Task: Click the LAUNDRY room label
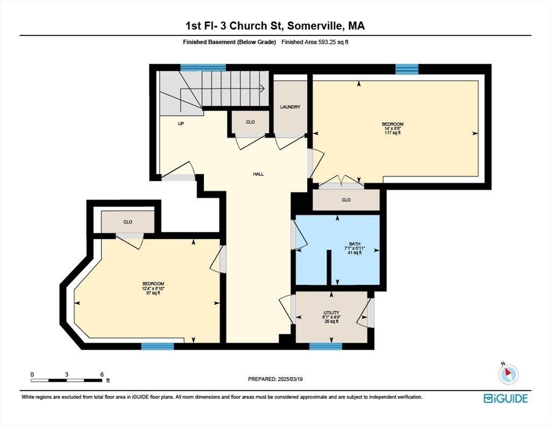(x=290, y=107)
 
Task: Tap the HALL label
(x=258, y=174)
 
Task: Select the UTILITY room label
(x=331, y=313)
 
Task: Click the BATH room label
(x=355, y=244)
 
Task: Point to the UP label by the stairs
(x=181, y=123)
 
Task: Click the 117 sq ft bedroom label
(x=392, y=128)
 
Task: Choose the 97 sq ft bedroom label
(x=153, y=288)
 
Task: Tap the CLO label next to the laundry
(x=250, y=122)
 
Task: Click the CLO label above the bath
(x=346, y=200)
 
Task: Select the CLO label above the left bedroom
(x=128, y=222)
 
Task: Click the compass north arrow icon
(x=508, y=374)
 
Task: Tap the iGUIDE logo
(x=506, y=398)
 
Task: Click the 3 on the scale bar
(x=67, y=375)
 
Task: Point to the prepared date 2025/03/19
(x=290, y=379)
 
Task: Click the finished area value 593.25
(x=325, y=42)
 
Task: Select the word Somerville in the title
(x=314, y=26)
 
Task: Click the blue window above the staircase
(x=203, y=68)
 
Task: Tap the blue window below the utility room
(x=326, y=346)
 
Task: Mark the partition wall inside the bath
(x=329, y=267)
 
